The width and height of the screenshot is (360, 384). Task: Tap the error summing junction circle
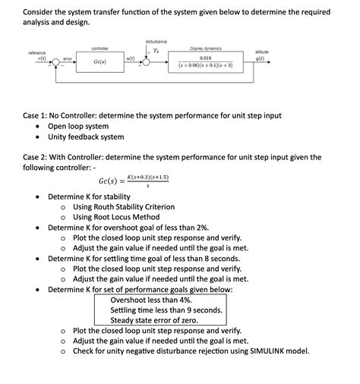coord(53,61)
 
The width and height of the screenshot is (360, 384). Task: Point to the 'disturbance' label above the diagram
coord(156,40)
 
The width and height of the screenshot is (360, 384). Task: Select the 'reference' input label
coord(36,52)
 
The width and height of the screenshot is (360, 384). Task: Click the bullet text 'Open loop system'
coord(78,126)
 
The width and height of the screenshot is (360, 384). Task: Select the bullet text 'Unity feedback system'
coord(86,137)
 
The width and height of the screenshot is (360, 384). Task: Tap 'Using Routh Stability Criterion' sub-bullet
coord(124,206)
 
